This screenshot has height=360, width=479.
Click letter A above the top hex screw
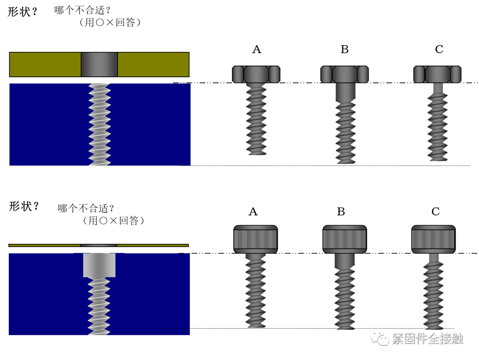[257, 49]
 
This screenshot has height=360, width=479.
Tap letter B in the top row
[345, 49]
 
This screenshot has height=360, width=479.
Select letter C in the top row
[439, 49]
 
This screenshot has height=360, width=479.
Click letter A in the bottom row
[253, 211]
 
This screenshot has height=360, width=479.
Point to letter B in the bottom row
[341, 211]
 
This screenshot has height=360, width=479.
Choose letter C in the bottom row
[436, 211]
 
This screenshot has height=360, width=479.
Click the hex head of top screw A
[256, 74]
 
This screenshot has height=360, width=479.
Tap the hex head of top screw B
[344, 74]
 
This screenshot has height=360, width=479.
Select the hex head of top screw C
[437, 74]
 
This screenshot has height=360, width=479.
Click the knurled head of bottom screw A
[255, 239]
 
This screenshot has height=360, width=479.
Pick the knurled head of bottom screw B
[345, 239]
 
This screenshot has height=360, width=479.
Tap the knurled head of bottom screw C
[433, 239]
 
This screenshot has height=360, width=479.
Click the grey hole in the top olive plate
[99, 64]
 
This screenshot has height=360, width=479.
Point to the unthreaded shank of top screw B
[346, 92]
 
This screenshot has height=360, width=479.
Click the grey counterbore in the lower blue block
[99, 265]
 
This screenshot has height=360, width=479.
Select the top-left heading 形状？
[22, 12]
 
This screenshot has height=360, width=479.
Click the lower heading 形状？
[24, 207]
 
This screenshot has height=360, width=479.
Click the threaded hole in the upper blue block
[100, 125]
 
